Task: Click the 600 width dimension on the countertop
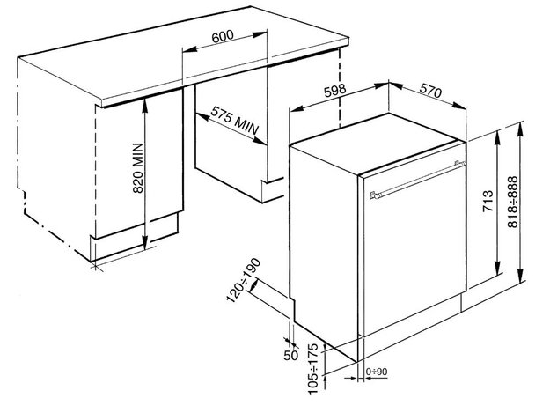point(223,36)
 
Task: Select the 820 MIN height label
point(138,167)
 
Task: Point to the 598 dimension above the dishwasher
point(335,91)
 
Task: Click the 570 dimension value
point(430,91)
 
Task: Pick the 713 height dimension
point(488,201)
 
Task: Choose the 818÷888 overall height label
point(513,203)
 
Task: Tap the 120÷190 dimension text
point(244,280)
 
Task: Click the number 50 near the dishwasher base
point(290,355)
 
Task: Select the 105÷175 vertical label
point(313,368)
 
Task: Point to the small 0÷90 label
point(377,372)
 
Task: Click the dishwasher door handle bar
point(417,180)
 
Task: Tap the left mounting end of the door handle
point(374,195)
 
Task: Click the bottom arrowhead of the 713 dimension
point(498,269)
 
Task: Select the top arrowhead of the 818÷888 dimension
point(521,129)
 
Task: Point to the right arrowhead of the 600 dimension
point(260,34)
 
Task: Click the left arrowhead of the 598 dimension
point(297,108)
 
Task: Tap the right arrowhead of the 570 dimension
point(458,106)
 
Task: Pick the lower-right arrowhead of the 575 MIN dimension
point(260,141)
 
